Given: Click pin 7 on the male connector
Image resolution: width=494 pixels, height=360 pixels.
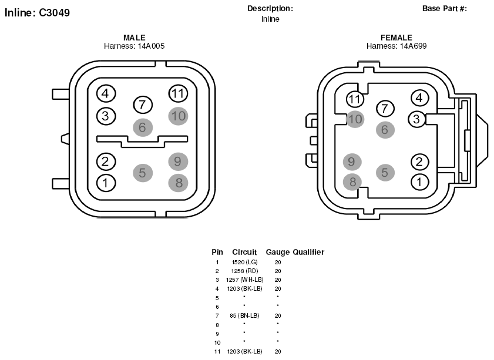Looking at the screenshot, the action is point(143,105).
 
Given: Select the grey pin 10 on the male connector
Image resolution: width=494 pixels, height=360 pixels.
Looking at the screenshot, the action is point(179,116).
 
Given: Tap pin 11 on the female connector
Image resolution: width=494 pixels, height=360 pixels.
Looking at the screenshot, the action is point(355,99).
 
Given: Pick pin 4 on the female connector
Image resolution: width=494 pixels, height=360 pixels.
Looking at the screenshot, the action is point(419,97).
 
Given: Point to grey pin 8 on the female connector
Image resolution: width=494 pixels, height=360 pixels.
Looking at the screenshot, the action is point(352,181).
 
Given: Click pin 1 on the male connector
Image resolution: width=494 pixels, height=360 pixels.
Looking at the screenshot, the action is point(106,183).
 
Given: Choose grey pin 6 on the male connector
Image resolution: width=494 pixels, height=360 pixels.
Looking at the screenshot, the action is point(143,127).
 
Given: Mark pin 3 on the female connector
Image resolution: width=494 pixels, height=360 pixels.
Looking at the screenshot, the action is point(417,119).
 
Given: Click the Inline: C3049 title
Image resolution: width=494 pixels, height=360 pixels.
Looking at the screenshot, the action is point(37,12).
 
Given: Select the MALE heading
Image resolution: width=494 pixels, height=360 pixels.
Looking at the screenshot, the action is point(135,38).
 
